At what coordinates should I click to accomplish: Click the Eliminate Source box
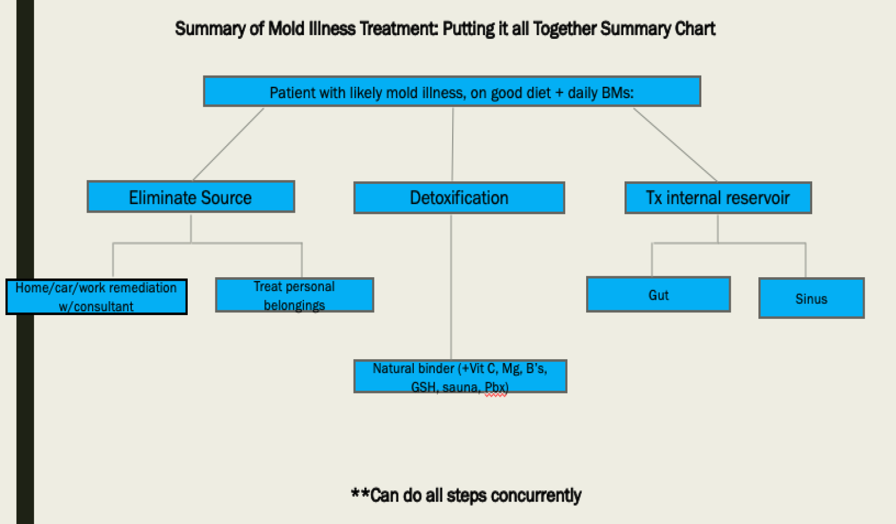coord(190,197)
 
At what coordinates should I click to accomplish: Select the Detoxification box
coord(459,198)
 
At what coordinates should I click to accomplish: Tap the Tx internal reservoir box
coord(718,198)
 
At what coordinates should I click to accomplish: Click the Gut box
coord(658,295)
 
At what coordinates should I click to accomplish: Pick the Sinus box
coord(811,299)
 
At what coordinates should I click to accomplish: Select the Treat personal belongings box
coord(294,295)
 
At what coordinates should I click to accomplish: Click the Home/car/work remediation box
coord(96,297)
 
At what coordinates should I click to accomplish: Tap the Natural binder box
coord(460,376)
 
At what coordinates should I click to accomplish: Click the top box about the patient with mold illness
coord(452,92)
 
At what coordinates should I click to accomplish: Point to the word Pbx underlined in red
coord(495,388)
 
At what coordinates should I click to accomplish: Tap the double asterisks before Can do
coord(360,494)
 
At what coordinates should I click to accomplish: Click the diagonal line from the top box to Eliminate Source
coord(228,144)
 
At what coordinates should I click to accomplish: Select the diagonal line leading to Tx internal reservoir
coord(675,144)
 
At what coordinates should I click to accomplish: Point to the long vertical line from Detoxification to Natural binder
coord(451,288)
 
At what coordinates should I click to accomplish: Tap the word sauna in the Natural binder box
coord(460,388)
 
